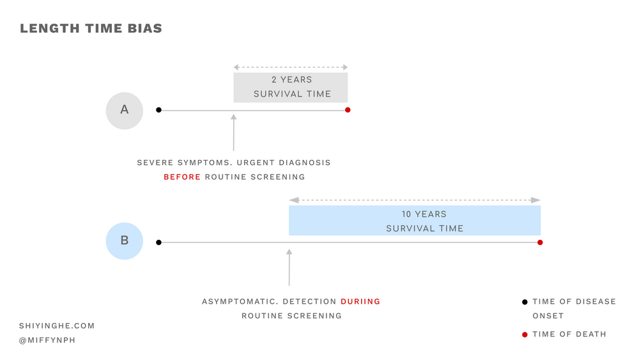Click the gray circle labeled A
(125, 110)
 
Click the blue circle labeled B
(125, 241)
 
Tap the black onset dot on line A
(158, 110)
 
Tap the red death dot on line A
(348, 110)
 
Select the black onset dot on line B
(158, 242)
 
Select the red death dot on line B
(540, 242)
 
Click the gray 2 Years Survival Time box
(291, 87)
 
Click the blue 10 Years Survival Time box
(415, 221)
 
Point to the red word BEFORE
(182, 177)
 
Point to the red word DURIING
(360, 301)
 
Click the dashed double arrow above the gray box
(291, 67)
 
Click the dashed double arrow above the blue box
(415, 200)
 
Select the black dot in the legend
(525, 302)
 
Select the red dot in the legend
(525, 334)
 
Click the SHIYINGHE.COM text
(57, 326)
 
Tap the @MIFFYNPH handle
(47, 340)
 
